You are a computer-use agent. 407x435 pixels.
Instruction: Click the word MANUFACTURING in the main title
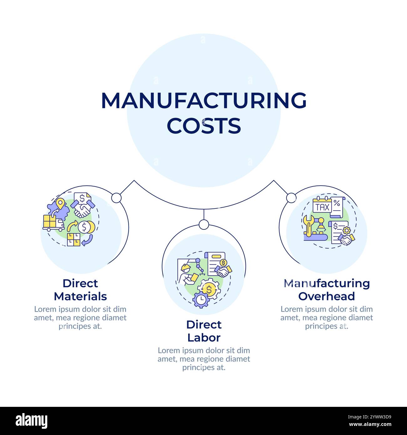[x=203, y=101]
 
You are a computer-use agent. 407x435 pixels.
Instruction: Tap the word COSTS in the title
[x=203, y=125]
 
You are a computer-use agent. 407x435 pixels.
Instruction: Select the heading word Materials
[x=80, y=296]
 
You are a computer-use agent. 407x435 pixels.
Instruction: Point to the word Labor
[x=203, y=338]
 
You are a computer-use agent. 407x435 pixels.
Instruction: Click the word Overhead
[x=326, y=296]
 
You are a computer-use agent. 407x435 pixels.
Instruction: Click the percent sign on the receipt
[x=337, y=203]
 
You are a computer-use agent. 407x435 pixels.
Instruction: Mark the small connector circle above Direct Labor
[x=203, y=224]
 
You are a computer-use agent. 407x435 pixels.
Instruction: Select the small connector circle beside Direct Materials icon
[x=116, y=198]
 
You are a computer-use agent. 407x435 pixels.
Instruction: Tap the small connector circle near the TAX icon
[x=291, y=198]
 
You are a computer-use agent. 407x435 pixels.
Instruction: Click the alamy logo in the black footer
[x=31, y=421]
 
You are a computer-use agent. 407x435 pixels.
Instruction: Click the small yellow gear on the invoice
[x=346, y=231]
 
